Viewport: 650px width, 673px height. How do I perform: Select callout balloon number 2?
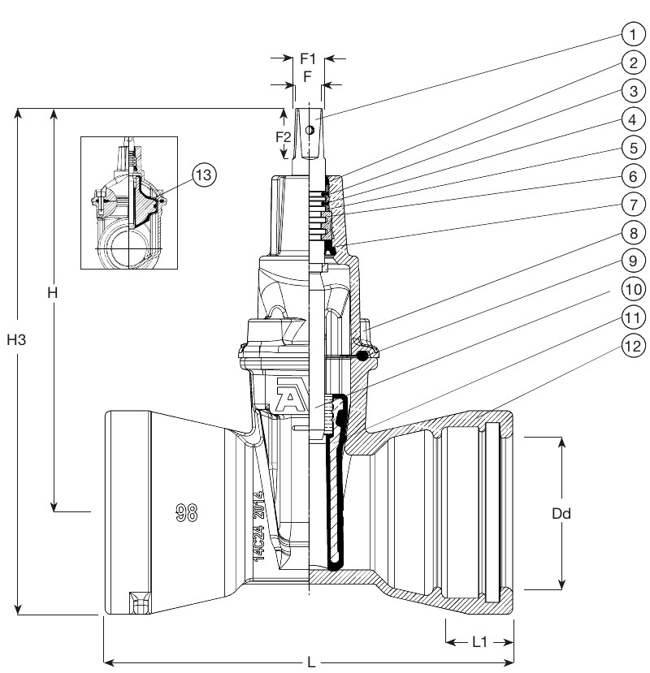pyautogui.click(x=632, y=63)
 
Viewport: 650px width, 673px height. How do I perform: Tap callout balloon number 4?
pyautogui.click(x=632, y=119)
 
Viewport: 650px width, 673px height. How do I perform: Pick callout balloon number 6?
pyautogui.click(x=632, y=175)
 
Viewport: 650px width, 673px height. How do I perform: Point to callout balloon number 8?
pyautogui.click(x=632, y=231)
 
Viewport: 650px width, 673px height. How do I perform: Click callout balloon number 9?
pyautogui.click(x=632, y=260)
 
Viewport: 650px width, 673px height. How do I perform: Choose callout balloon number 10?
pyautogui.click(x=632, y=288)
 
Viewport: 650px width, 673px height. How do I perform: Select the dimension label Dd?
pyautogui.click(x=561, y=513)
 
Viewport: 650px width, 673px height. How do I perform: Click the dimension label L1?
pyautogui.click(x=480, y=641)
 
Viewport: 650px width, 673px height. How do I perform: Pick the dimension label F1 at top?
pyautogui.click(x=308, y=58)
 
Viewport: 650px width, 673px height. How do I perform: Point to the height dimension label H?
pyautogui.click(x=51, y=293)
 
